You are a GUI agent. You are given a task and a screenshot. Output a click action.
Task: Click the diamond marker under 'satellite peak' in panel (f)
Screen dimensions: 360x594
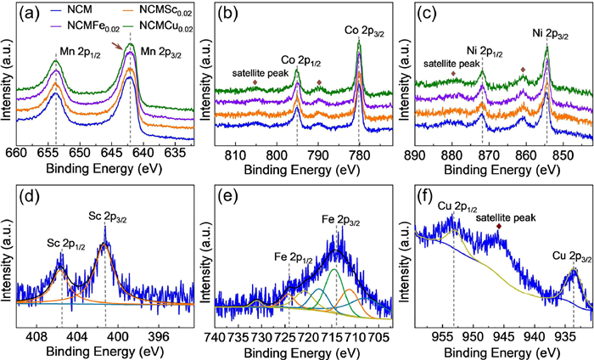[499, 227]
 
